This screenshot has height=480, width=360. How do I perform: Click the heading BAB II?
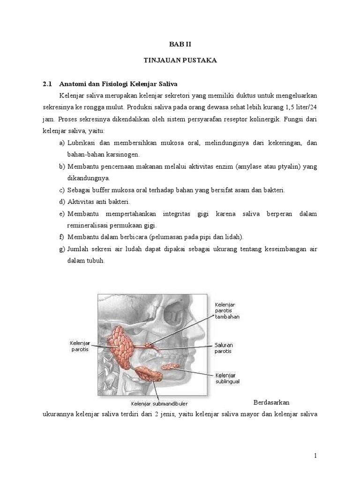[180, 44]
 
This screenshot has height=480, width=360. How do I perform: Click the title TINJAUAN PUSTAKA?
[180, 61]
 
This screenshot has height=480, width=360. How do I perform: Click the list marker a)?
[62, 142]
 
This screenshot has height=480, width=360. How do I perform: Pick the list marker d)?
[62, 202]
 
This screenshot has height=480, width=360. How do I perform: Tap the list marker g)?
[62, 249]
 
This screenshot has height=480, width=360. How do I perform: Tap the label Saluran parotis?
[224, 347]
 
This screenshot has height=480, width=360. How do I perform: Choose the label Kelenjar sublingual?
[227, 378]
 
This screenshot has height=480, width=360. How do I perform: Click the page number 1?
[315, 456]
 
